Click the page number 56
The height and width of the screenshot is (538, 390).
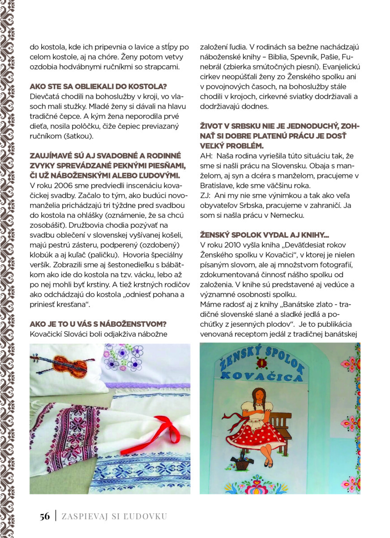44,516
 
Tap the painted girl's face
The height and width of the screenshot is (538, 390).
256,396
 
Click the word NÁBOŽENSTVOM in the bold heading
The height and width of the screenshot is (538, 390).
126,324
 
